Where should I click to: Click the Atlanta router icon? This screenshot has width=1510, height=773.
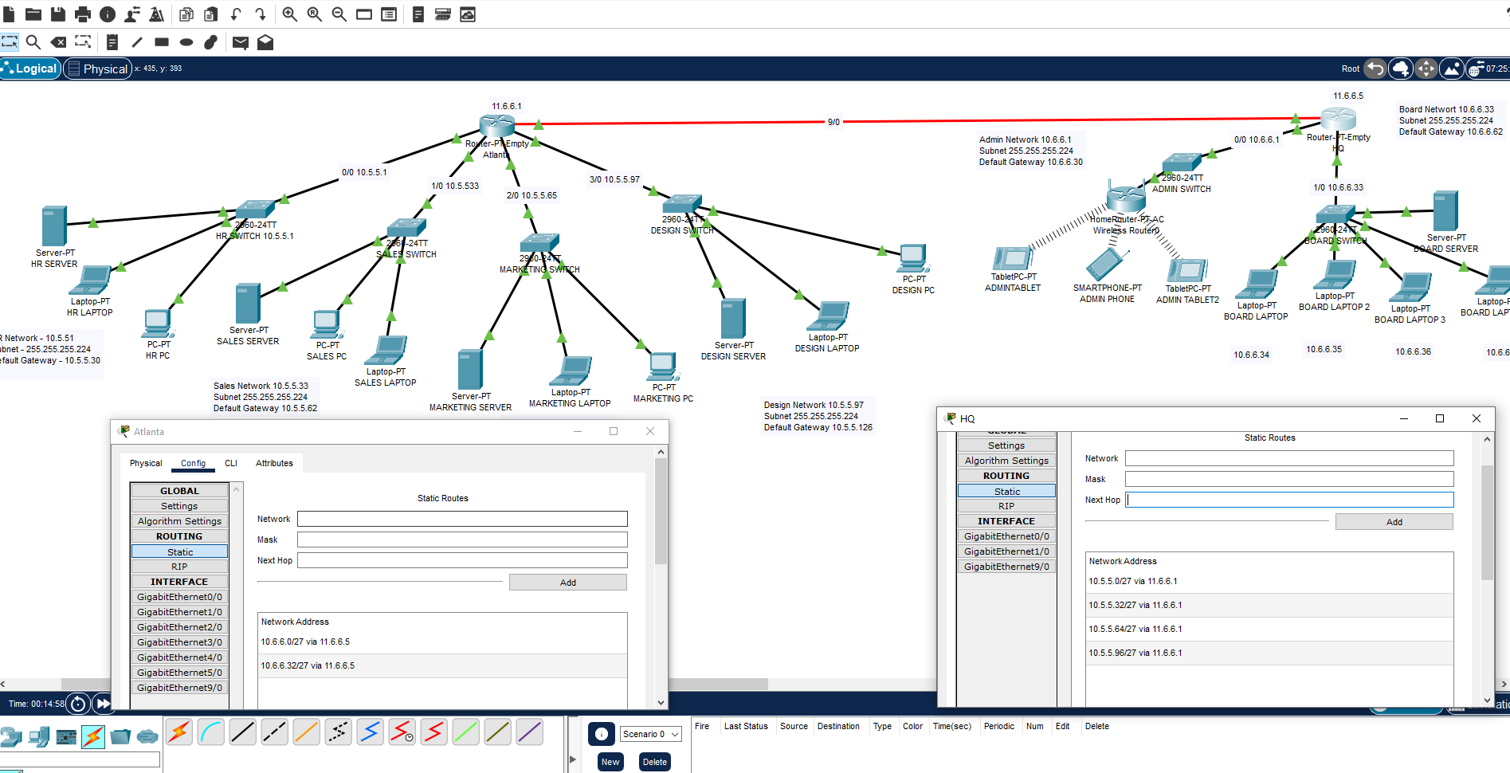(x=497, y=125)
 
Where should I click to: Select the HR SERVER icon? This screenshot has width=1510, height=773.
(x=54, y=226)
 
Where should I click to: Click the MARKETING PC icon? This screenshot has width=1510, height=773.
(x=662, y=366)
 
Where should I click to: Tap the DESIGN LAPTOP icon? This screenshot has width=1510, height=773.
(x=828, y=316)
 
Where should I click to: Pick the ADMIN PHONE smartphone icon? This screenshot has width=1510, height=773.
(x=1106, y=264)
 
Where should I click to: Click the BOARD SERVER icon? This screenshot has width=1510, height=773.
(x=1445, y=211)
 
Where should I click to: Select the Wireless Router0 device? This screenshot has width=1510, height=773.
(x=1126, y=198)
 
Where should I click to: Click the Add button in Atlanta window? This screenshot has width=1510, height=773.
(x=567, y=583)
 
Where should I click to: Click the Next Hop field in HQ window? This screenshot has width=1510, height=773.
(x=1289, y=500)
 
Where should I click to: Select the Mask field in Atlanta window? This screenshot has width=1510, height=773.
(x=462, y=540)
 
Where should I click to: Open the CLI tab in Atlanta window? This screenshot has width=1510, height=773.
(x=231, y=463)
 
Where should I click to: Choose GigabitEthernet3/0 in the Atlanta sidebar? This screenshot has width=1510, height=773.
(x=179, y=642)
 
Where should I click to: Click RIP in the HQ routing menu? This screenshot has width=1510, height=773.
(x=1006, y=506)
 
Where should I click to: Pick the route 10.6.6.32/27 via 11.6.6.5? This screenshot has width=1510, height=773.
(x=308, y=665)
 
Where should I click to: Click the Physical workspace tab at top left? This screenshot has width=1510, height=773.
(x=98, y=69)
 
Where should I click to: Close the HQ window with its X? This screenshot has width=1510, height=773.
(x=1476, y=418)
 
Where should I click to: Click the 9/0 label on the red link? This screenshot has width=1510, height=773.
(x=833, y=122)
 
